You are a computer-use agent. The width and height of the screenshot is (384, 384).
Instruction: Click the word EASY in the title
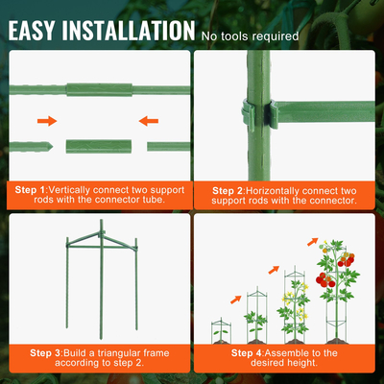32,31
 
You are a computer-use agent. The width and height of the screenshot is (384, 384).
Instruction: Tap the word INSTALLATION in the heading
129,31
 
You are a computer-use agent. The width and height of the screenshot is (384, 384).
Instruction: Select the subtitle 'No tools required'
251,36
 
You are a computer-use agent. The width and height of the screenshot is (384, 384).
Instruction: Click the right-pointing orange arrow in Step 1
47,121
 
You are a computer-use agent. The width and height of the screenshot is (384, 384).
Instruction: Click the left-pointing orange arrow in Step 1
149,121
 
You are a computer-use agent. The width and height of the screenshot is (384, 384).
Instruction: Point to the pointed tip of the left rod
53,147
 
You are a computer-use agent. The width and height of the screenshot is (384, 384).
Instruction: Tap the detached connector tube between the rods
99,147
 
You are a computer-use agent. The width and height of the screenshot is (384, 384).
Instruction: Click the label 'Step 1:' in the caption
31,190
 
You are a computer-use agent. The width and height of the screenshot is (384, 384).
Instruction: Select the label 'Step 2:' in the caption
228,191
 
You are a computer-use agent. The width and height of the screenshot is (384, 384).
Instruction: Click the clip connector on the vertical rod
259,113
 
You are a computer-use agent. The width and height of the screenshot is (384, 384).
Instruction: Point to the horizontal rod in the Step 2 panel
324,111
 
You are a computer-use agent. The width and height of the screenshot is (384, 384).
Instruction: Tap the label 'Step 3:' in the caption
46,353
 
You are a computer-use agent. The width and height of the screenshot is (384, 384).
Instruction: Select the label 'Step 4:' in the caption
248,353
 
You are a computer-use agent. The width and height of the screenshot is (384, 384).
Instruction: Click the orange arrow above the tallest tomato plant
313,242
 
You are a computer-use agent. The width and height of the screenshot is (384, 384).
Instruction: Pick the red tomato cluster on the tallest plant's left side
325,280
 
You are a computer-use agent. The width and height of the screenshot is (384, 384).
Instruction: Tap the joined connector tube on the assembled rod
99,89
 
